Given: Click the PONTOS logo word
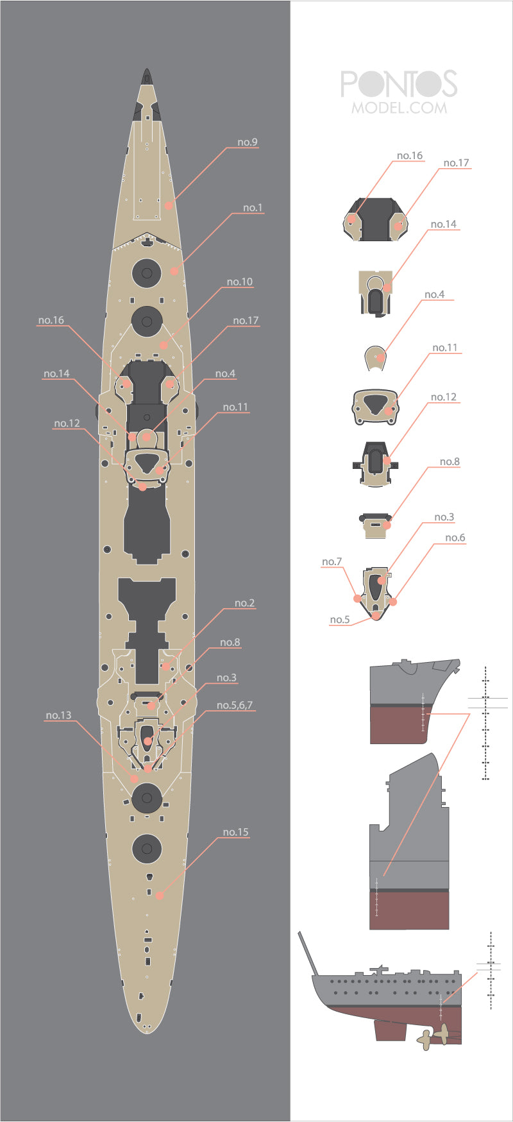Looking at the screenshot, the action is (x=399, y=84).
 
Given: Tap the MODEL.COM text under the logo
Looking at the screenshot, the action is (x=399, y=108).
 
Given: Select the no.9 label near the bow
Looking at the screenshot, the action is (x=248, y=142).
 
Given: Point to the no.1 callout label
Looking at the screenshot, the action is (x=253, y=208).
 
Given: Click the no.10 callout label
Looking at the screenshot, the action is (x=240, y=282).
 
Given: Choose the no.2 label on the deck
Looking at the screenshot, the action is (x=244, y=603).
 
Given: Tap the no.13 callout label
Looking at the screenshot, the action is (x=58, y=715).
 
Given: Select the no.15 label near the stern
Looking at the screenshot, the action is (x=235, y=832).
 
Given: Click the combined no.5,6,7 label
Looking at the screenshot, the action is (x=235, y=705).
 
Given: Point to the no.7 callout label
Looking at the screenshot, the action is (x=332, y=562).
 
